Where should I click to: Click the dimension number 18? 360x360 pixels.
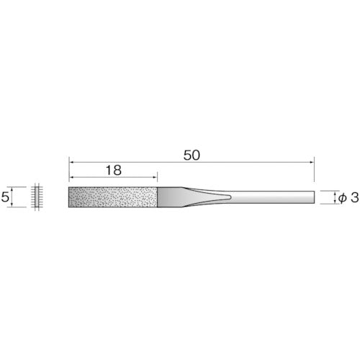[x=112, y=171]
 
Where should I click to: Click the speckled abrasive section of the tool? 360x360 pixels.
[x=113, y=197]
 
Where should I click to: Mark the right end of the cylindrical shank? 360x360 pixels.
[x=314, y=197]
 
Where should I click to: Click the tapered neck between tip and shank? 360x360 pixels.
[x=205, y=197]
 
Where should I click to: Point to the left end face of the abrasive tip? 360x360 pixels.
[x=69, y=197]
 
